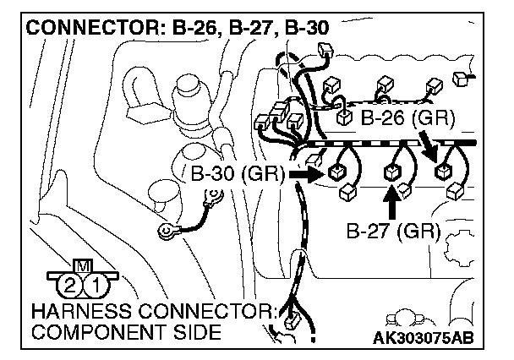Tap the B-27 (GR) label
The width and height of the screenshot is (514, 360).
point(392,230)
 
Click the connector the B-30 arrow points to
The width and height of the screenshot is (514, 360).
point(336,173)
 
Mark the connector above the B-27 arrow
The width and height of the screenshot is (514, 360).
point(391,172)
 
